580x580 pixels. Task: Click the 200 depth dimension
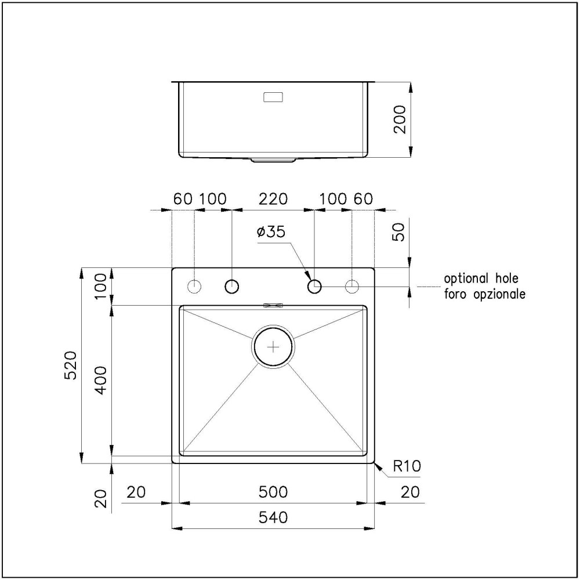(x=400, y=120)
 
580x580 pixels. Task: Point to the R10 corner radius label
(x=406, y=465)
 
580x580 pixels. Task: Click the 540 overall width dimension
(x=273, y=517)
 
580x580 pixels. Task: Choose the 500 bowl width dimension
(x=273, y=492)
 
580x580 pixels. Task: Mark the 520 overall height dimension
(x=70, y=365)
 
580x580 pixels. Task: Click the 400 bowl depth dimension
(x=100, y=380)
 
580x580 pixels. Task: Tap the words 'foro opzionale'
(x=485, y=294)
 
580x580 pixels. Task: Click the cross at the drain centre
(x=273, y=346)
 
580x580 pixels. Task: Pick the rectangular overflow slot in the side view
(x=273, y=97)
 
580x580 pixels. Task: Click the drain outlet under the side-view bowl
(x=273, y=159)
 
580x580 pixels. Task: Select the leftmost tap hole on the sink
(x=194, y=286)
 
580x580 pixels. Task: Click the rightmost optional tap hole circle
(x=352, y=286)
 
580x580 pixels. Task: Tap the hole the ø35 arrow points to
(x=314, y=286)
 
